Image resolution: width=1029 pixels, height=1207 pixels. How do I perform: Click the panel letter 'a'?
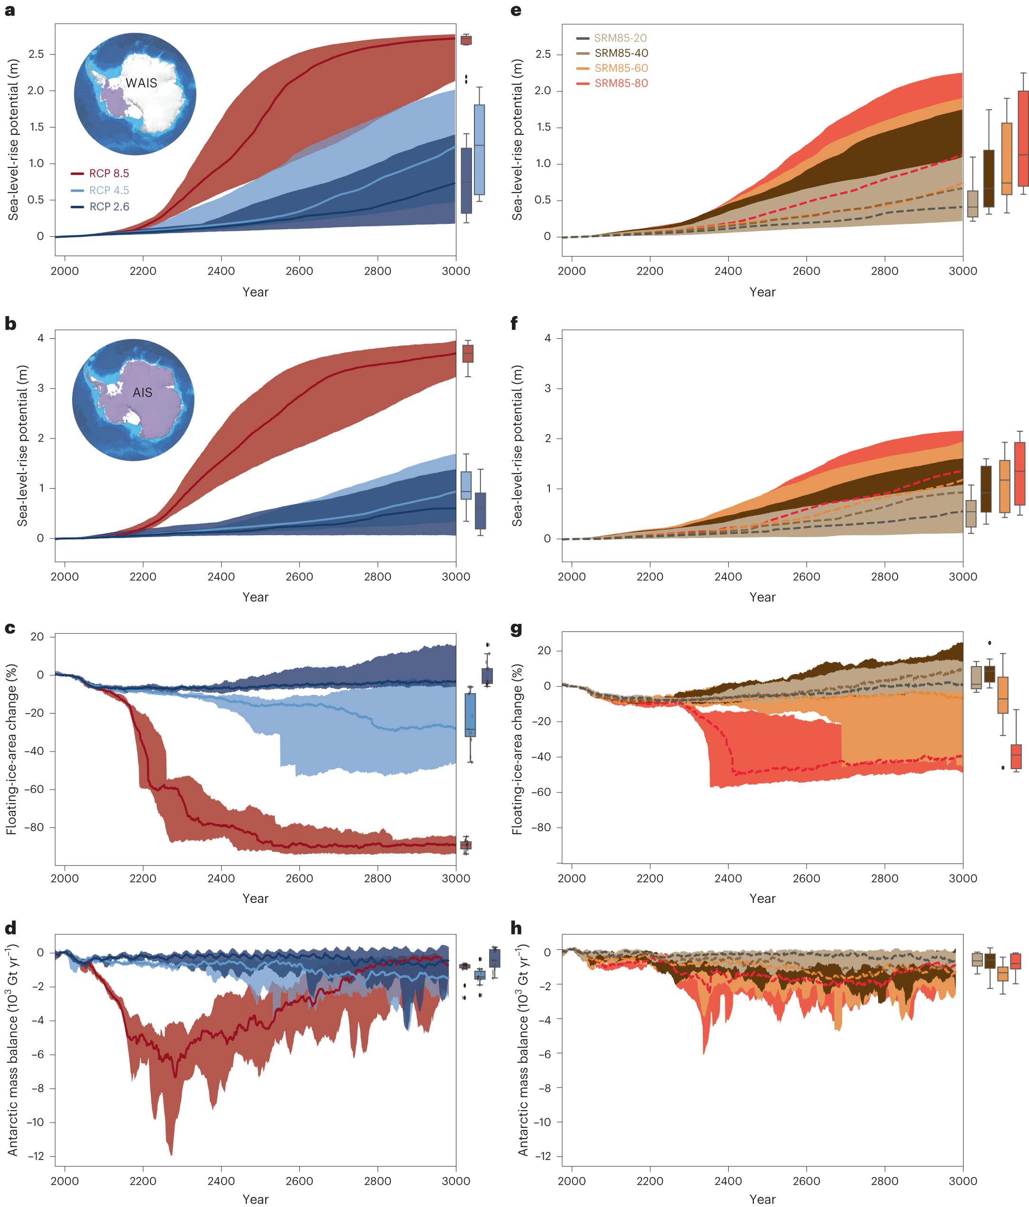[x=9, y=10]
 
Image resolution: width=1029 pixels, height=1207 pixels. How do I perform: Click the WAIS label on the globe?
[x=141, y=84]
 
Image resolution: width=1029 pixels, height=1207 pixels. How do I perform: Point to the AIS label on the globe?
[x=142, y=393]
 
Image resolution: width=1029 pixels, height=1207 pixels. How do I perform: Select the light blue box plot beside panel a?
[x=479, y=150]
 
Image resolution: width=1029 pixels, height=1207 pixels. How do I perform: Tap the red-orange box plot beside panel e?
[x=1023, y=139]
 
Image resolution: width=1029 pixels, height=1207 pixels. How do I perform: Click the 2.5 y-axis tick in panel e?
[x=543, y=54]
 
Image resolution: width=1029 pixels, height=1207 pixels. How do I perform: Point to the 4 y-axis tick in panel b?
[x=40, y=338]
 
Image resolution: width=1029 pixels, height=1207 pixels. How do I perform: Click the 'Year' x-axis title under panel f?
[x=762, y=597]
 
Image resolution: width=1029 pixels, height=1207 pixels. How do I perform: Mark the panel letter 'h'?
[x=516, y=928]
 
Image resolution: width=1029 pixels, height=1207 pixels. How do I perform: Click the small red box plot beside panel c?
[x=466, y=845]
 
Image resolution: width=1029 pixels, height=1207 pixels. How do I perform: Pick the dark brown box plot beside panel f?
[x=986, y=489]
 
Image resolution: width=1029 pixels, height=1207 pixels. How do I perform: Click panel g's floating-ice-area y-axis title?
[x=517, y=749]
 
